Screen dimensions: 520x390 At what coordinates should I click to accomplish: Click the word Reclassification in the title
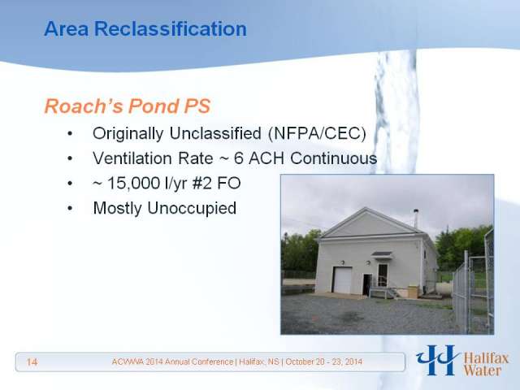click(x=171, y=28)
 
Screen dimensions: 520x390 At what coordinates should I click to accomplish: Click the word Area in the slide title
click(x=67, y=28)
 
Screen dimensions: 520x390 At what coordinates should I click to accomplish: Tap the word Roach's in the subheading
click(x=83, y=106)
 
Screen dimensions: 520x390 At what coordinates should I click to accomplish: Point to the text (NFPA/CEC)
click(x=317, y=133)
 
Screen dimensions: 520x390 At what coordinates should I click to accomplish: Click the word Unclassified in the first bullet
click(x=215, y=133)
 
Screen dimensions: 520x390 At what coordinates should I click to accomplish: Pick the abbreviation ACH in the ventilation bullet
click(x=266, y=158)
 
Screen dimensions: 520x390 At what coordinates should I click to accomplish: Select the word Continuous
click(x=334, y=158)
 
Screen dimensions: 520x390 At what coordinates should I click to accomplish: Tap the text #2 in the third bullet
click(x=201, y=183)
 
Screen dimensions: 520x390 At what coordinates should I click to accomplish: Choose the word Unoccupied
click(x=192, y=208)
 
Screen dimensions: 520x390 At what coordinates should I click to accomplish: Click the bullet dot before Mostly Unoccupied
click(x=70, y=209)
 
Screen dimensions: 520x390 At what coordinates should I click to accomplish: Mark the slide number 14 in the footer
click(x=32, y=362)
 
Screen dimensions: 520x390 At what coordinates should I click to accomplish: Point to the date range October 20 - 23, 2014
click(x=323, y=362)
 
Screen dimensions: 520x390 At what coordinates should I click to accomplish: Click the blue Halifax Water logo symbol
click(x=438, y=360)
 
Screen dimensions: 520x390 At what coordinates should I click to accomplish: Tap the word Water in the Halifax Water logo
click(x=482, y=370)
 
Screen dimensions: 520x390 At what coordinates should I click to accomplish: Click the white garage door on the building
click(x=343, y=280)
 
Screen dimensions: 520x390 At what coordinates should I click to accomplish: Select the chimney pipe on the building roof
click(x=415, y=218)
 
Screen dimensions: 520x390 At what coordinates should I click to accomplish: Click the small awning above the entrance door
click(x=382, y=254)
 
